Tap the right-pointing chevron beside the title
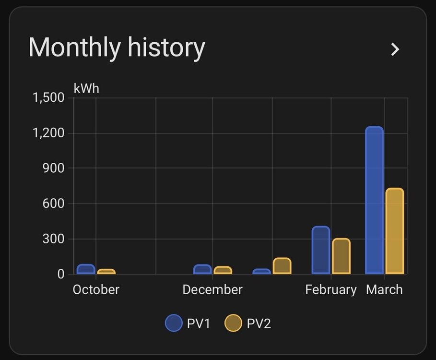coord(395,49)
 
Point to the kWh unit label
coord(86,88)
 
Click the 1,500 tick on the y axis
coord(48,98)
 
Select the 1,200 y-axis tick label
coord(48,133)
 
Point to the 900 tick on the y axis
coord(54,168)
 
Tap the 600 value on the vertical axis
coord(54,204)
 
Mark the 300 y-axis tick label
coord(54,239)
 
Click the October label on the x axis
coord(96,290)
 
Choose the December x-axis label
coord(212,290)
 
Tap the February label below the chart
coord(331,290)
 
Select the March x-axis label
coord(384,290)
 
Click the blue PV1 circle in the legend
coord(174,323)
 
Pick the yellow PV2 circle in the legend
coord(233,323)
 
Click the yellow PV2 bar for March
coord(395,231)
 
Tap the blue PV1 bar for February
coord(321,250)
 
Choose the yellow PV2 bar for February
coord(341,256)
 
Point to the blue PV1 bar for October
coord(86,269)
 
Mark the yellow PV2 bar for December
coord(223,270)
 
